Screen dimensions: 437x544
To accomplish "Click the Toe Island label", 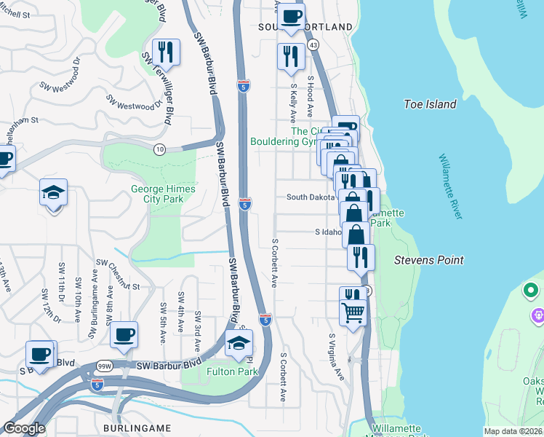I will pyautogui.click(x=430, y=104).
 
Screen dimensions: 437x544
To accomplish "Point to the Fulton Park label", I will pyautogui.click(x=233, y=371).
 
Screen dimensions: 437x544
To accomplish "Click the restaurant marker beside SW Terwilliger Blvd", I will pyautogui.click(x=167, y=52).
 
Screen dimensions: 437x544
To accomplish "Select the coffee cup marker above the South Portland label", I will pyautogui.click(x=292, y=16).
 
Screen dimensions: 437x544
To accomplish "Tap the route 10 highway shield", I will pyautogui.click(x=159, y=149).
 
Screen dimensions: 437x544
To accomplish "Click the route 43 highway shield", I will pyautogui.click(x=313, y=44).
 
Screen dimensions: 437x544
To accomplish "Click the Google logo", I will pyautogui.click(x=23, y=428).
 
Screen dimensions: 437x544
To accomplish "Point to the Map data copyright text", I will pyautogui.click(x=513, y=431).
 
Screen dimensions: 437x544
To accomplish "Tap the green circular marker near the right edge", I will pyautogui.click(x=531, y=292).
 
